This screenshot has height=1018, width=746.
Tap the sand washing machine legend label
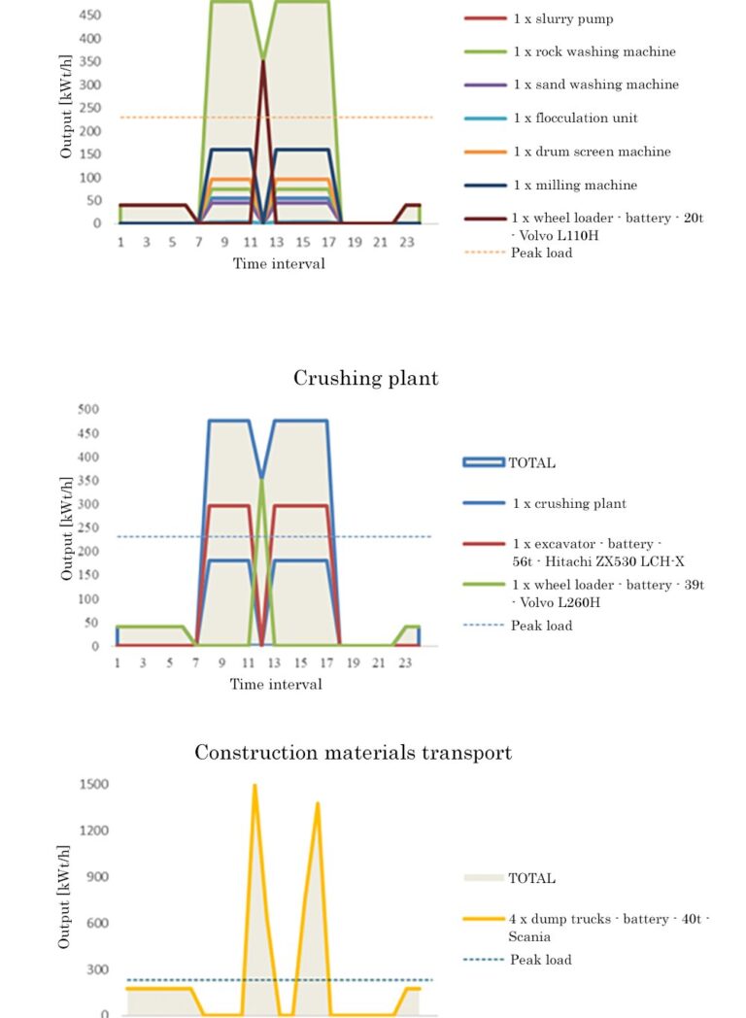(x=596, y=85)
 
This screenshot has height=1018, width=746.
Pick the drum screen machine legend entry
(x=592, y=152)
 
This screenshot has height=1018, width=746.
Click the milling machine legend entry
(x=575, y=185)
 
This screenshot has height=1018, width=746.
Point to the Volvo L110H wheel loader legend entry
(x=607, y=225)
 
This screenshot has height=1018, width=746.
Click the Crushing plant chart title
(x=366, y=378)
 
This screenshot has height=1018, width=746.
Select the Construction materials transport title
(x=354, y=753)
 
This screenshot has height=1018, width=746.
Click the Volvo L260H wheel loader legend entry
(x=608, y=594)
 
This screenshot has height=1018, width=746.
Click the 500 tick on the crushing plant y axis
(x=89, y=409)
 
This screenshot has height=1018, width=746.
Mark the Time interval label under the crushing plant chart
(x=276, y=684)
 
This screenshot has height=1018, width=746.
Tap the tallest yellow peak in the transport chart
(x=254, y=785)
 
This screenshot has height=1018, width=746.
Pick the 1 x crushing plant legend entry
(x=569, y=503)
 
